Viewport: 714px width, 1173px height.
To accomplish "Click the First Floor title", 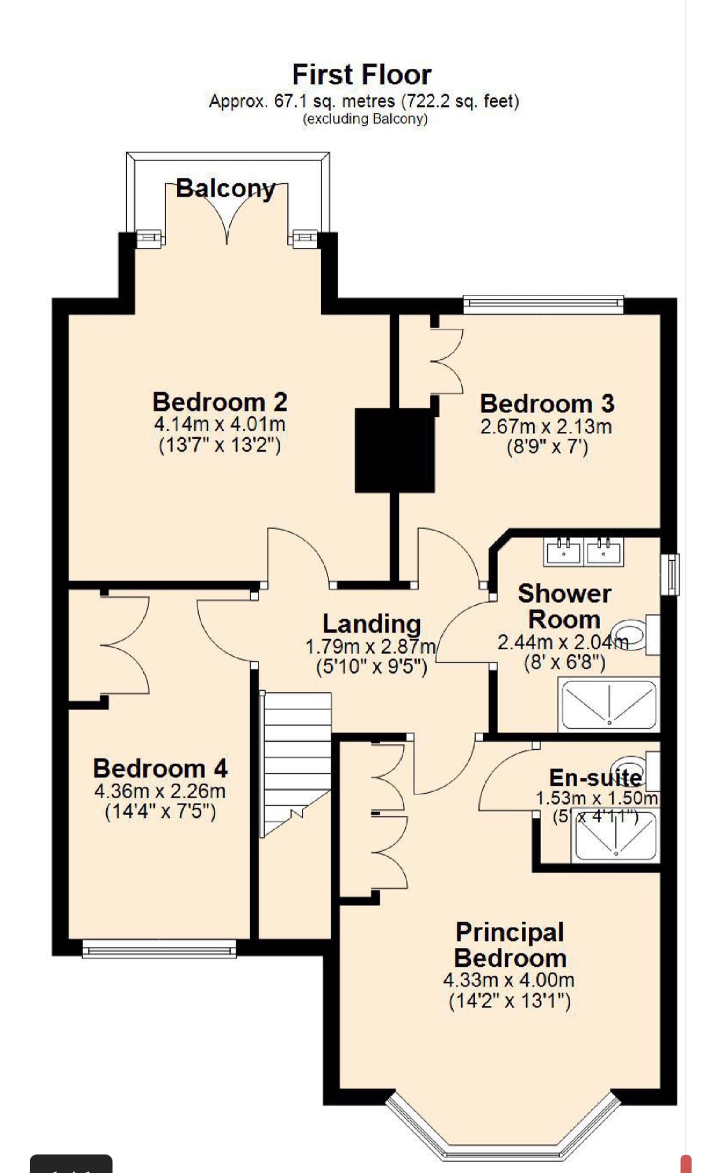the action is [x=362, y=74].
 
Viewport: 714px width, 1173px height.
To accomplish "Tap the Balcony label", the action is [x=226, y=188].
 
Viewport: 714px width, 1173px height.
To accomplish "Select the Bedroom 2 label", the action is [x=219, y=402].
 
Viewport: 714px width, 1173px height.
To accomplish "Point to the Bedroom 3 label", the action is [x=547, y=403].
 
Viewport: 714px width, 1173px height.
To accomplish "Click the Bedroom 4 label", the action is [x=160, y=768].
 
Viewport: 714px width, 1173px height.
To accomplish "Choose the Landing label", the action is [x=371, y=623].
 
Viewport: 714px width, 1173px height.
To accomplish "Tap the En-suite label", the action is [x=595, y=777].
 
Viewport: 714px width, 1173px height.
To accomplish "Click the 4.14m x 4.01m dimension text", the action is [x=219, y=424].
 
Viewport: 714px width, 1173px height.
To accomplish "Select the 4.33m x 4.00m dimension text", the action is [x=509, y=980].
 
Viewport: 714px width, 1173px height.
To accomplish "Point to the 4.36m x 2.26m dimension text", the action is [x=160, y=791].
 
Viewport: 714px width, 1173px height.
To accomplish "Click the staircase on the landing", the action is [x=296, y=765].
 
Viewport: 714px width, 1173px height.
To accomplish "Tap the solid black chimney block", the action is [x=395, y=450].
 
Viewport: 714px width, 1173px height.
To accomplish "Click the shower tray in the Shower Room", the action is [x=609, y=704].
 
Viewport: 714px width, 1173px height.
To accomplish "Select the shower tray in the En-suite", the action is [x=615, y=835].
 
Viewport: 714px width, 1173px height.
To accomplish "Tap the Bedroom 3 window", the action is [x=543, y=305].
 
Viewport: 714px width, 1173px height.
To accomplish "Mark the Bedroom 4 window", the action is [x=159, y=948].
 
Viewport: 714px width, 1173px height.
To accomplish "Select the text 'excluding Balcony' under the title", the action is [x=365, y=119].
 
